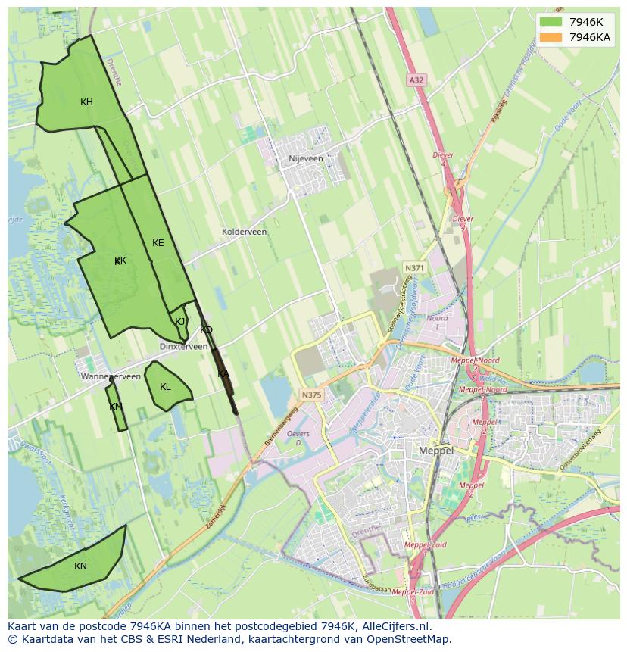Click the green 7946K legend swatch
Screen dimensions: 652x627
[551, 22]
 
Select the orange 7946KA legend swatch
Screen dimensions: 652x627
[551, 37]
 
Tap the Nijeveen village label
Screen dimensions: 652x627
[306, 159]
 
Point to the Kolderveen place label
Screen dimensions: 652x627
[244, 232]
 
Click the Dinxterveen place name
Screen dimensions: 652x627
[183, 346]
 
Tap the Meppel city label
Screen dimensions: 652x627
[436, 451]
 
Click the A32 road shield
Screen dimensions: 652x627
[415, 80]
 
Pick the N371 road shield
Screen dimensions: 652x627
[414, 268]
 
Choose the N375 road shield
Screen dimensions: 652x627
[310, 395]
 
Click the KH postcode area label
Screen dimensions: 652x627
[86, 102]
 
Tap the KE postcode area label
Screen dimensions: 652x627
[158, 243]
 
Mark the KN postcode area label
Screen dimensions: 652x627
[80, 566]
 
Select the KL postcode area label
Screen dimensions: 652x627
[165, 387]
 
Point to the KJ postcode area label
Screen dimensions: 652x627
[180, 322]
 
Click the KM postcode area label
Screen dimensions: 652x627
[115, 407]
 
